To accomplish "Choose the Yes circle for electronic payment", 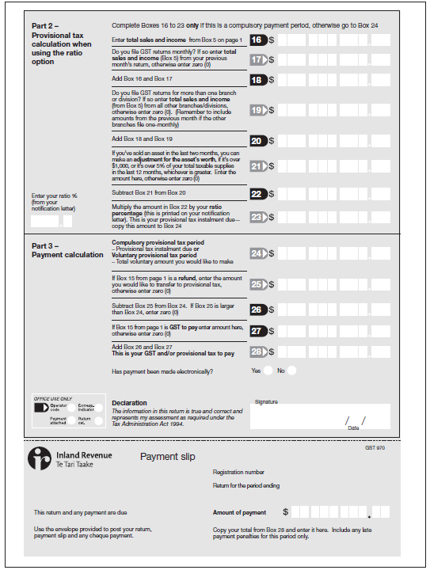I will [x=269, y=370].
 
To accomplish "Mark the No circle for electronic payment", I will [x=292, y=370].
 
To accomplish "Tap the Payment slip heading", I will [x=167, y=457].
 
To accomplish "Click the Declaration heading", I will [x=130, y=403].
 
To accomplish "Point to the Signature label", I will [x=266, y=401].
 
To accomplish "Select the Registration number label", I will [x=238, y=472].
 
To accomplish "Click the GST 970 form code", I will [x=375, y=448].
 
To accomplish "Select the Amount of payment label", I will [x=239, y=513].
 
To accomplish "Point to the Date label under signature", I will [x=353, y=427].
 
